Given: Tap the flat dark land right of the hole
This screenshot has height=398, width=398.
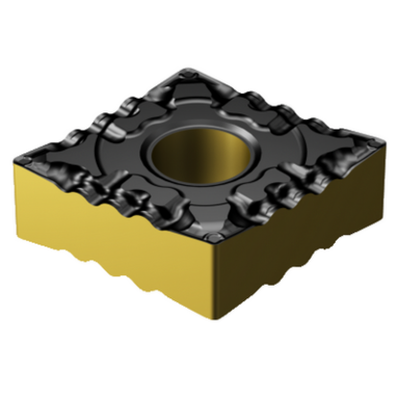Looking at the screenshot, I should pos(273,153).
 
